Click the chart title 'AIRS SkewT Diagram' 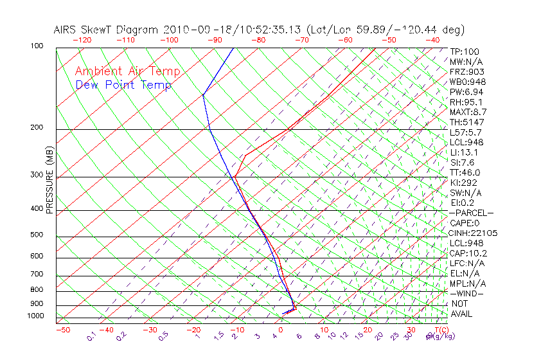(107, 30)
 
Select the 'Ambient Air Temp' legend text (128, 71)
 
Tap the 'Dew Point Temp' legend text (123, 85)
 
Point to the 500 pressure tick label (37, 235)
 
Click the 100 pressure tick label (37, 46)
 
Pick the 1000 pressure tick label (35, 316)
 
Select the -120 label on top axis (82, 40)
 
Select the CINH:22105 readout (474, 233)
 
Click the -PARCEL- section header (471, 213)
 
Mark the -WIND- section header (467, 293)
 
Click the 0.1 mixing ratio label (91, 336)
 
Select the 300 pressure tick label (37, 175)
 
